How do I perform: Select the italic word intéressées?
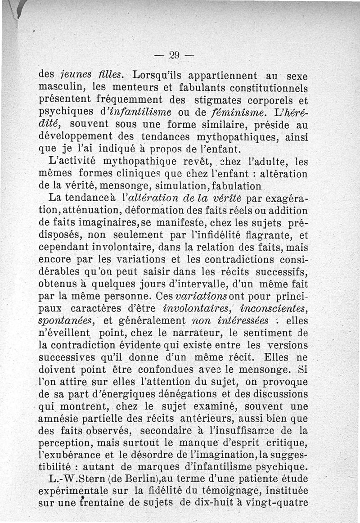click(238, 321)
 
